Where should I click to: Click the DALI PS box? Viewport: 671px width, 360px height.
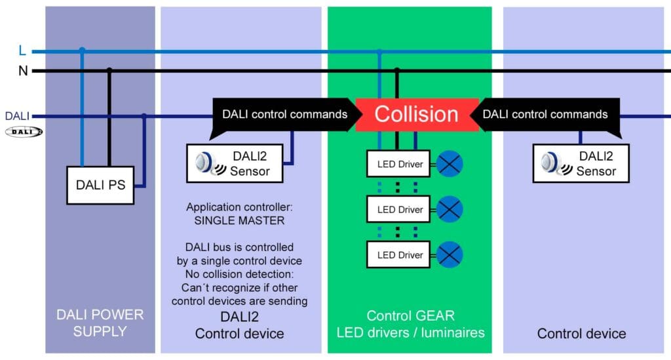click(x=100, y=185)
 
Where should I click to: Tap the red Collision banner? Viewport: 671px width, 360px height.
click(x=416, y=114)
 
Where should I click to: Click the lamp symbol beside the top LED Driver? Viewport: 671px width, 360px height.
click(x=450, y=164)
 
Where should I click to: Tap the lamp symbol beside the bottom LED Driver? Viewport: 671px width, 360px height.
click(x=450, y=255)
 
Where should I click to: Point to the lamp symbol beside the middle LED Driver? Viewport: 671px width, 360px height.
click(x=450, y=210)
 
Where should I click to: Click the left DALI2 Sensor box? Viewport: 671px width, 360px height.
click(x=237, y=163)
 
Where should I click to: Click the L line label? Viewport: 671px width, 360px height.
click(x=23, y=50)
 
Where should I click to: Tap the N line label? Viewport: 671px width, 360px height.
click(x=23, y=70)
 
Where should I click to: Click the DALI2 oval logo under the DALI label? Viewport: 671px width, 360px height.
click(x=24, y=131)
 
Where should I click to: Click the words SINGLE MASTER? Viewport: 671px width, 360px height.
click(x=239, y=221)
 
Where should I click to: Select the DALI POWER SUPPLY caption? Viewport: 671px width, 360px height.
click(x=100, y=323)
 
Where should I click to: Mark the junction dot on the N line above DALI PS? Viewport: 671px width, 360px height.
click(x=109, y=70)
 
